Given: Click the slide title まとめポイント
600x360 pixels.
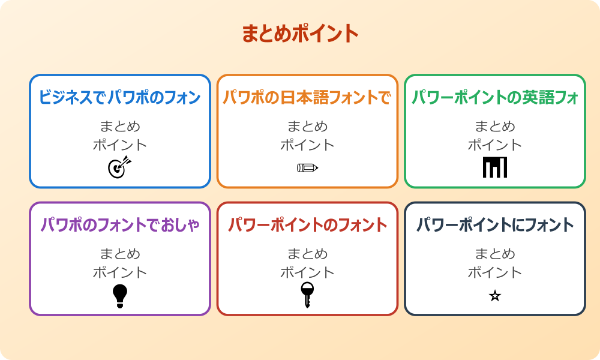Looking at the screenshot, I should (300, 34).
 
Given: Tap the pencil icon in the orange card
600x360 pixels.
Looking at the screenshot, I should (307, 167).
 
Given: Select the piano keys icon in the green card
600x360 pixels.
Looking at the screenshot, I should (495, 167).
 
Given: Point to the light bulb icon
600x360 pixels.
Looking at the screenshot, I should (120, 295).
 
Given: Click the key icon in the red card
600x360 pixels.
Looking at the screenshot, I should (307, 295).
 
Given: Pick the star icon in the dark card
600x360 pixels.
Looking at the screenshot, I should (495, 296).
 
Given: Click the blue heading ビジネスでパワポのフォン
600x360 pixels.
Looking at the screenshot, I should (120, 97).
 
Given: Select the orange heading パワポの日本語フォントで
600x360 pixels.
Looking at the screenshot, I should (307, 97).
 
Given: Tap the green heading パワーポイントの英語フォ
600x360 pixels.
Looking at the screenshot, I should (495, 97).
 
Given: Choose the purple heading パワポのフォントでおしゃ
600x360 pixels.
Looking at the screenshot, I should (120, 225).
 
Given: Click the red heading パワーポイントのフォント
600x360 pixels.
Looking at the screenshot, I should (307, 225).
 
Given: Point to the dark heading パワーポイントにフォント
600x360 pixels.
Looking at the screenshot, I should (495, 225).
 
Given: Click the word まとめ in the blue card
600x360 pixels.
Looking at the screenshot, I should (120, 127).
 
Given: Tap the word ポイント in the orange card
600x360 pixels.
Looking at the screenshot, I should (307, 145).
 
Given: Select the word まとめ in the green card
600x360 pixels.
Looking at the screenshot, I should (495, 127).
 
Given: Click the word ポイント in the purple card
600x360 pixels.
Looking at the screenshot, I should (120, 272).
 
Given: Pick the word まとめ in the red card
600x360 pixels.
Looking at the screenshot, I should (307, 254).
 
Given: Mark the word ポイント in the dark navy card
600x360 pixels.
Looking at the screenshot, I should (495, 272).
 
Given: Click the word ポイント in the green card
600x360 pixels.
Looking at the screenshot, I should (495, 145).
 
